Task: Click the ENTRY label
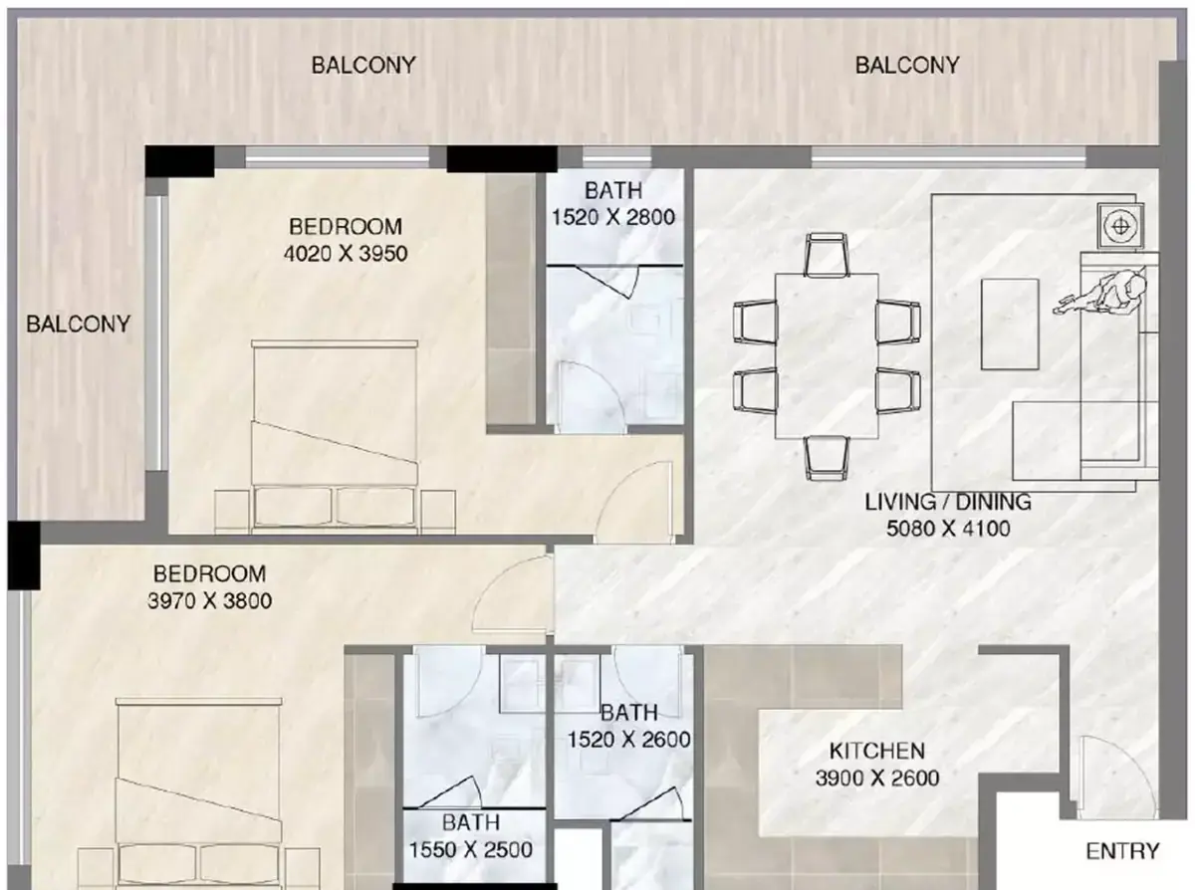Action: pyautogui.click(x=1122, y=851)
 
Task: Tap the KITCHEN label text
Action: pyautogui.click(x=877, y=751)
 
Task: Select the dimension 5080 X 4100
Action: pyautogui.click(x=948, y=529)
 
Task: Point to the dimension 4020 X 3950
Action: pyautogui.click(x=346, y=253)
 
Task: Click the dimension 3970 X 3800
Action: pyautogui.click(x=209, y=600)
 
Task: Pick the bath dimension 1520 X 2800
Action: pyautogui.click(x=613, y=217)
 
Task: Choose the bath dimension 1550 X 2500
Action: pyautogui.click(x=471, y=849)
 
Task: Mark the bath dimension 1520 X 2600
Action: pyautogui.click(x=628, y=740)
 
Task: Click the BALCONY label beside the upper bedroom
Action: pyautogui.click(x=78, y=324)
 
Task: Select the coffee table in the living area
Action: pyautogui.click(x=1010, y=324)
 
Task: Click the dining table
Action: pyautogui.click(x=827, y=355)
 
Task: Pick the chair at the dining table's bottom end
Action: pyautogui.click(x=827, y=458)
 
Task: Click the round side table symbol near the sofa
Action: pyautogui.click(x=1120, y=226)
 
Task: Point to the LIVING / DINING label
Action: pyautogui.click(x=948, y=502)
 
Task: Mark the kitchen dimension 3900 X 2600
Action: pyautogui.click(x=877, y=778)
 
